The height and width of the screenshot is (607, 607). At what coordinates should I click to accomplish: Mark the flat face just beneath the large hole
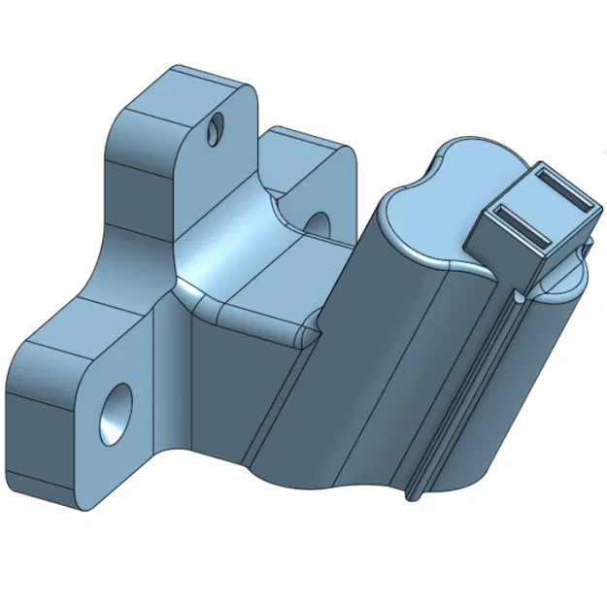point(107,476)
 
